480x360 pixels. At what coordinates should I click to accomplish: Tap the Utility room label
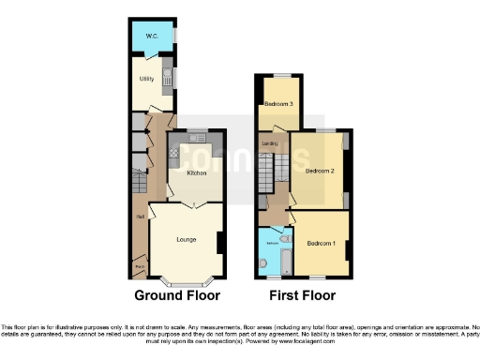pos(146,79)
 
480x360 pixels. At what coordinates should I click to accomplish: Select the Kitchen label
pos(196,172)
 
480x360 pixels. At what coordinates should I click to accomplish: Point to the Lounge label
pos(186,239)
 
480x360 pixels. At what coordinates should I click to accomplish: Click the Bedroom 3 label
pos(278,103)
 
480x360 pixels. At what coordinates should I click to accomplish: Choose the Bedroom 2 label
pos(320,172)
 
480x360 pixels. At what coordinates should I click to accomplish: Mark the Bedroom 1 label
pos(321,244)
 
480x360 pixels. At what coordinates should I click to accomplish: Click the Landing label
pos(269,143)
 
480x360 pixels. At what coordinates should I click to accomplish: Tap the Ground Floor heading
pos(178,294)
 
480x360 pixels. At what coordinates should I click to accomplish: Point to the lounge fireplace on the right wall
pos(219,241)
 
